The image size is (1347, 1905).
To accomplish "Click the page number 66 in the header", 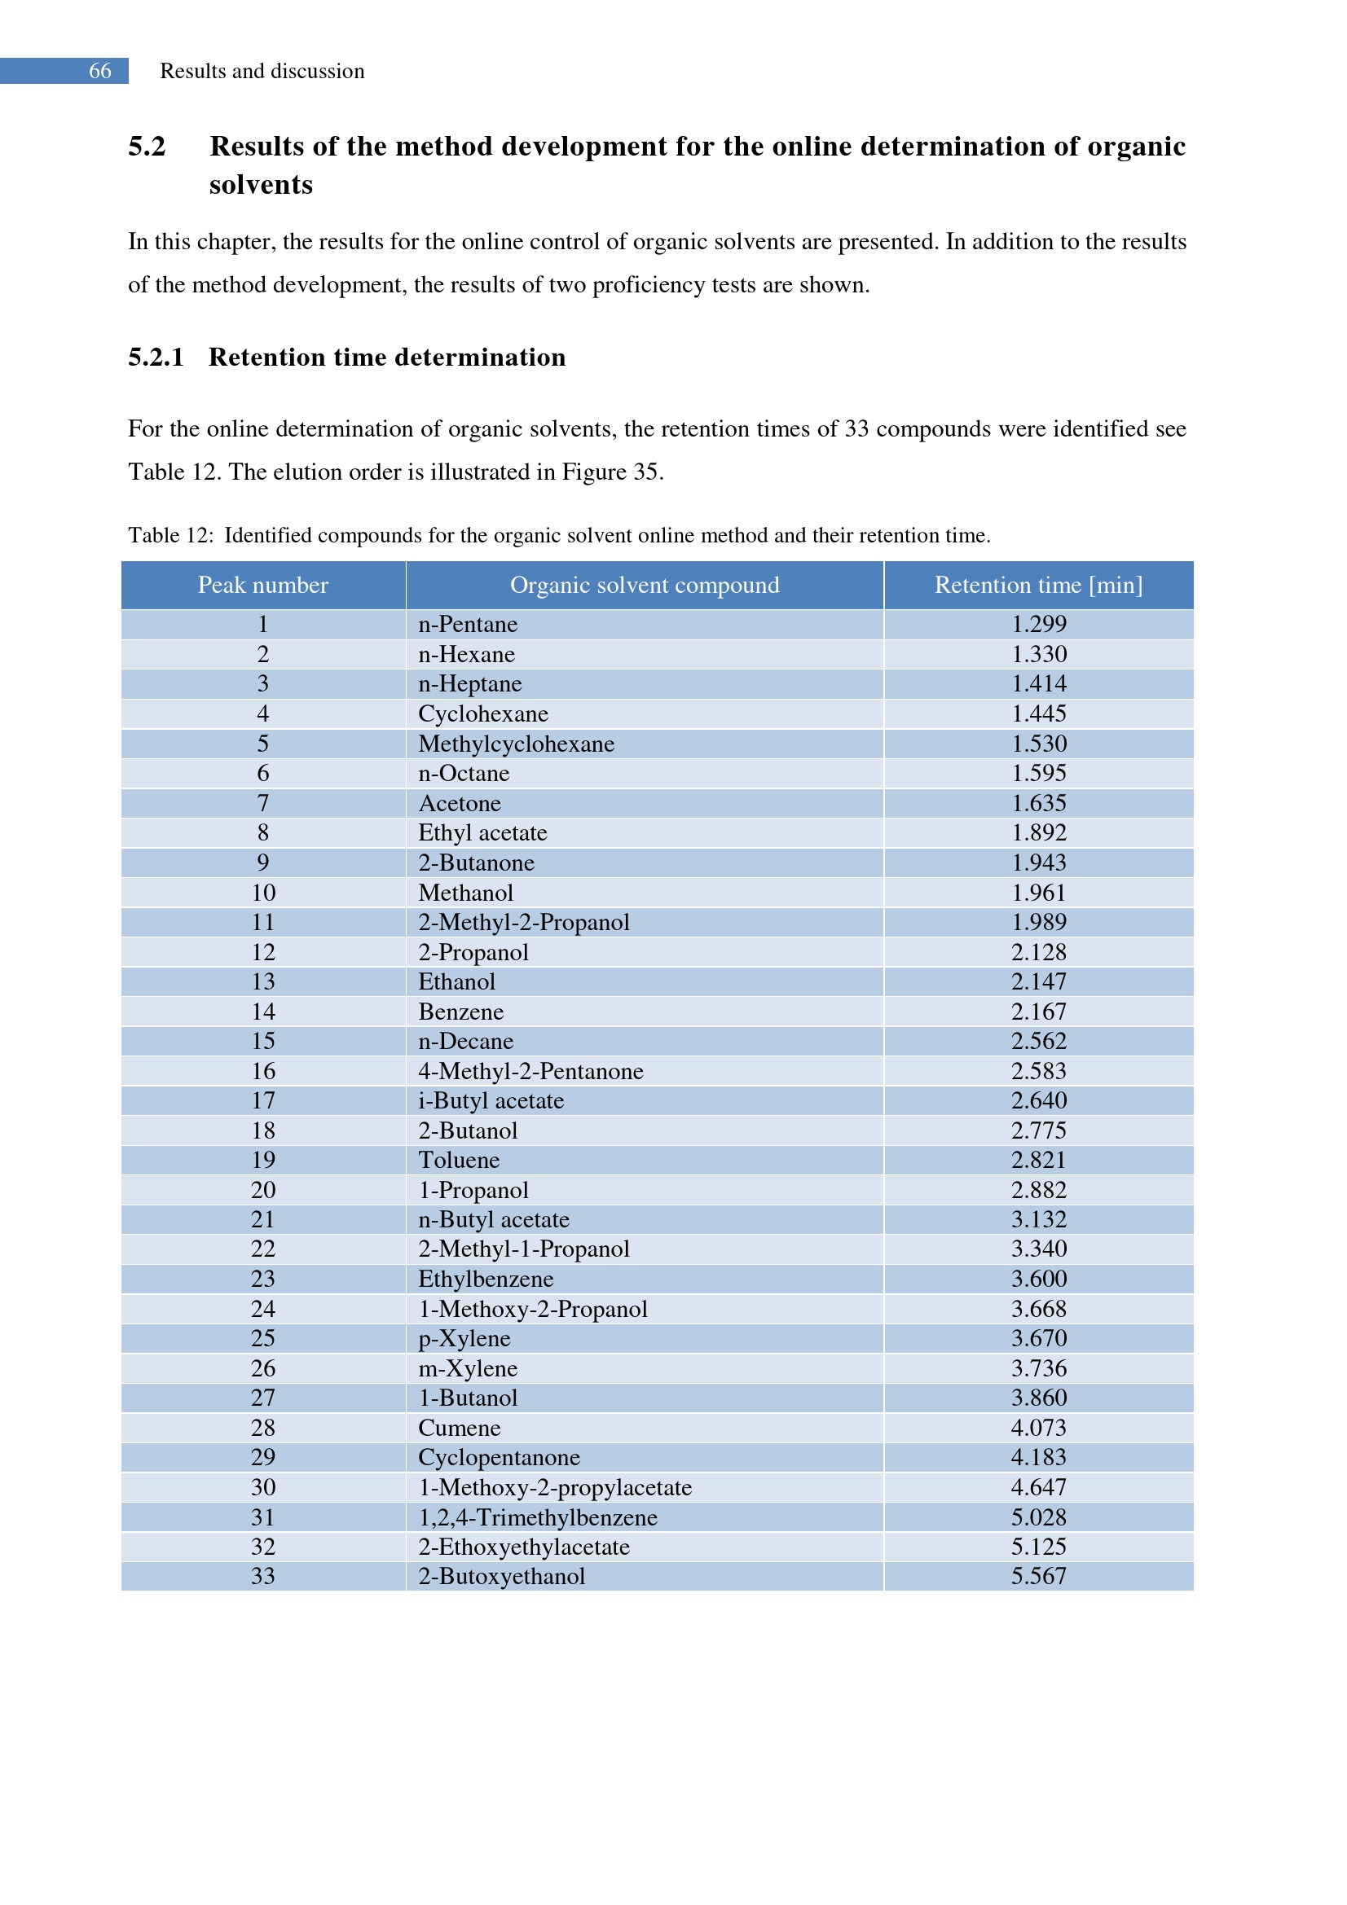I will tap(99, 72).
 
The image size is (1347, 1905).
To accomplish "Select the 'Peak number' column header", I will tap(263, 586).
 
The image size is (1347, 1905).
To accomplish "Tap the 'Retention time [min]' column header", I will tap(1037, 586).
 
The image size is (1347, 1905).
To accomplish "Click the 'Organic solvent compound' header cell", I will tap(644, 586).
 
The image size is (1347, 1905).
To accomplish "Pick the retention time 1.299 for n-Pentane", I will tap(1038, 625).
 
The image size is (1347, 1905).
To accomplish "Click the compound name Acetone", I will tap(459, 803).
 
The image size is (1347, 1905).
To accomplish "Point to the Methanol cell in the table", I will tap(465, 893).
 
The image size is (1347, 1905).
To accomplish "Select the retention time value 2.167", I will tap(1038, 1012).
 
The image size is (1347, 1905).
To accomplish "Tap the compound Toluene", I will tap(459, 1160).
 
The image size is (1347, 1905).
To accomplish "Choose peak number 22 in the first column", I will tap(263, 1249).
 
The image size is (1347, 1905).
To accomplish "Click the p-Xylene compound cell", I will tap(464, 1338).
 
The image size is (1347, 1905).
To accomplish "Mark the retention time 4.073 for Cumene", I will tap(1038, 1428).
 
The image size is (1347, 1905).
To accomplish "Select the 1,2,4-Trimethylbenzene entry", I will tap(537, 1517).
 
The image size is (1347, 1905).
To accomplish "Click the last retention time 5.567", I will tap(1038, 1577).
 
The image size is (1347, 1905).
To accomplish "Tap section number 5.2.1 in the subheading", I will tap(155, 358).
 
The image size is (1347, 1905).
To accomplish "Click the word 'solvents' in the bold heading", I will tap(261, 185).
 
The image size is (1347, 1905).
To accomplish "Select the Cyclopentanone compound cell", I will tap(499, 1458).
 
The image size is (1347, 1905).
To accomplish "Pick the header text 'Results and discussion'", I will tap(262, 72).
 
